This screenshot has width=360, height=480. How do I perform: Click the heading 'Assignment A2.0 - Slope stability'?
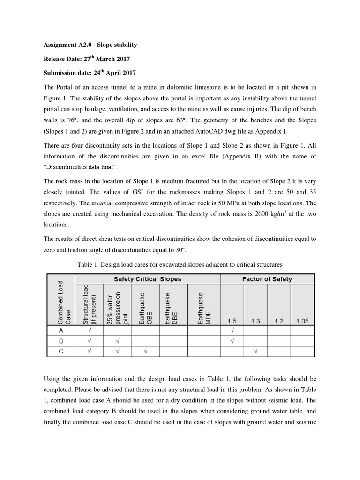[90, 45]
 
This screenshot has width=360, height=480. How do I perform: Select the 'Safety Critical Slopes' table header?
[148, 279]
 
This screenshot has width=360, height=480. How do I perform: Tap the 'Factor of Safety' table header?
[267, 279]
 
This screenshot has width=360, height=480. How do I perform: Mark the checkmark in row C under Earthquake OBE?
[145, 351]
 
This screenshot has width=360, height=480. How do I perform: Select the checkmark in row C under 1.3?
[255, 351]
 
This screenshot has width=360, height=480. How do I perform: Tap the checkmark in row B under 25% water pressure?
[117, 341]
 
